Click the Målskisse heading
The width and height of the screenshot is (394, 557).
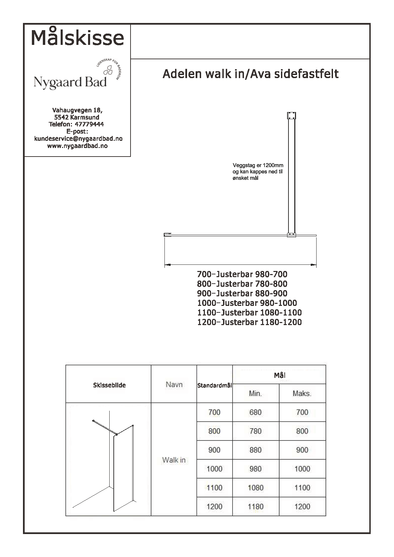[x=77, y=38]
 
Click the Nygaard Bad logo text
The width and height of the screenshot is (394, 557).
[x=70, y=82]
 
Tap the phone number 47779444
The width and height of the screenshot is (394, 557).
[x=89, y=124]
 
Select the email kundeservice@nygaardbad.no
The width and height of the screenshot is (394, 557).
[x=78, y=139]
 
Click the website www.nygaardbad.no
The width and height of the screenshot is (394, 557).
[x=77, y=146]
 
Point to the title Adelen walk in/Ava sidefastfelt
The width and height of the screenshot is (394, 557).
[x=250, y=74]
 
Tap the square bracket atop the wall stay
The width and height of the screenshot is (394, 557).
[x=292, y=115]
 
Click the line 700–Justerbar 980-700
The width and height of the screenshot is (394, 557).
[x=242, y=274]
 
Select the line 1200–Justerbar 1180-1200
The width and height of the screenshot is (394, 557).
[x=249, y=322]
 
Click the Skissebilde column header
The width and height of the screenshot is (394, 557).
[x=109, y=385]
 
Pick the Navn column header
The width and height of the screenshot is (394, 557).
[x=174, y=385]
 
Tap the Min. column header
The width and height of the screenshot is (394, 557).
[x=255, y=394]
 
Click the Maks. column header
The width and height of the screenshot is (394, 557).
[x=302, y=394]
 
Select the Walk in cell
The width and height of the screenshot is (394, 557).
[x=174, y=460]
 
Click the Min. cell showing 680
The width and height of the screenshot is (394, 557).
[x=255, y=412]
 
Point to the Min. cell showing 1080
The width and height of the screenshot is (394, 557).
[x=255, y=488]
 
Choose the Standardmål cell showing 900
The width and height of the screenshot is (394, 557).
[x=214, y=450]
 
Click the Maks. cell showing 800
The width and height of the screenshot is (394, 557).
[x=302, y=431]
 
